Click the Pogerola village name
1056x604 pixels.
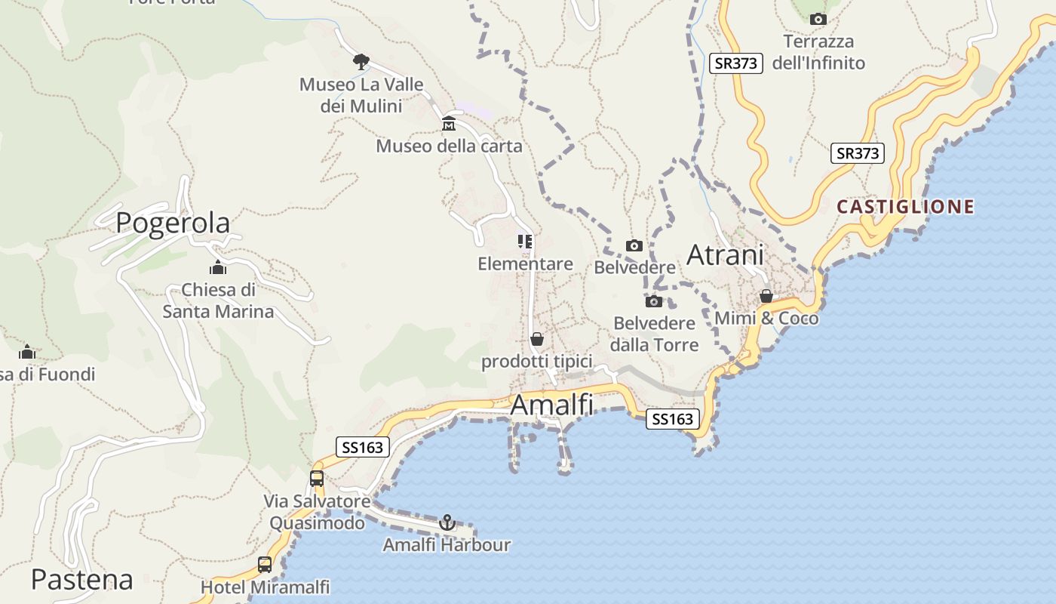[173, 223]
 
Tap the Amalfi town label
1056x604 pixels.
[551, 405]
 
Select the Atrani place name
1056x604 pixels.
[725, 255]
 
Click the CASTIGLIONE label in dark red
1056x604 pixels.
[905, 206]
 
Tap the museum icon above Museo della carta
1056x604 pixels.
[449, 123]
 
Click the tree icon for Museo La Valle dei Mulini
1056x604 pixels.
[361, 61]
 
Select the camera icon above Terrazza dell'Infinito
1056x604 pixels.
[818, 19]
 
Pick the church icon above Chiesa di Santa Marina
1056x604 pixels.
[218, 267]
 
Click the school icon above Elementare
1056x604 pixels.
[525, 242]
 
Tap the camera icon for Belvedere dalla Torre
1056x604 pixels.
[653, 301]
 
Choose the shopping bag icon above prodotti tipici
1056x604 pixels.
[536, 339]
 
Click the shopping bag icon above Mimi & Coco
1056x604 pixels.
[766, 296]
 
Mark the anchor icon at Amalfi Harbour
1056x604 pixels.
[447, 522]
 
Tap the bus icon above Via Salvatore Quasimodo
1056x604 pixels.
[317, 478]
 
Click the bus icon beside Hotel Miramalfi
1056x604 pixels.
[265, 564]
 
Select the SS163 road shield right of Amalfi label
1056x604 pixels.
[672, 419]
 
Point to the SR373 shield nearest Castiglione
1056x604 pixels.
[858, 153]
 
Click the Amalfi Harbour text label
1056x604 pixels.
[447, 544]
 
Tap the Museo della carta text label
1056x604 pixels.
[449, 146]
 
